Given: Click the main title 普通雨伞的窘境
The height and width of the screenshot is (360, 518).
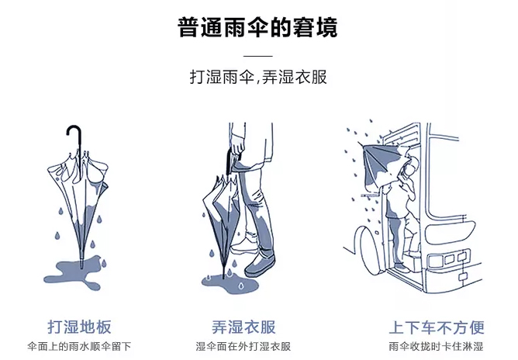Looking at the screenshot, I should [258, 29].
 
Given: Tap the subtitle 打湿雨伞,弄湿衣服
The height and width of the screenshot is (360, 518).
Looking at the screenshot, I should [258, 78].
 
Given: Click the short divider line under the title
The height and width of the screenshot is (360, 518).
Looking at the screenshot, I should [258, 57].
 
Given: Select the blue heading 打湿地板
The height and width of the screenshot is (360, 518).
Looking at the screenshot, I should [79, 326].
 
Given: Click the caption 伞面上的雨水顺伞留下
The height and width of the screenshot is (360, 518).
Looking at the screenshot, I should [79, 346].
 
